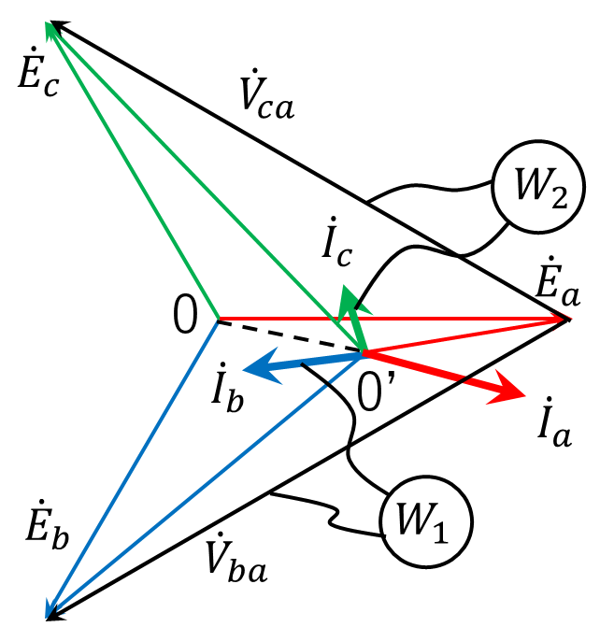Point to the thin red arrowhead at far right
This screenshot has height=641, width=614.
pos(562,320)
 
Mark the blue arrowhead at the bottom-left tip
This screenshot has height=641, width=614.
pos(50,608)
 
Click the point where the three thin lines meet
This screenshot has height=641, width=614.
pos(219,319)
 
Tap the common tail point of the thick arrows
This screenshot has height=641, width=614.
pos(363,353)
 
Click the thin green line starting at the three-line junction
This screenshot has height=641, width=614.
pos(140,183)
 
